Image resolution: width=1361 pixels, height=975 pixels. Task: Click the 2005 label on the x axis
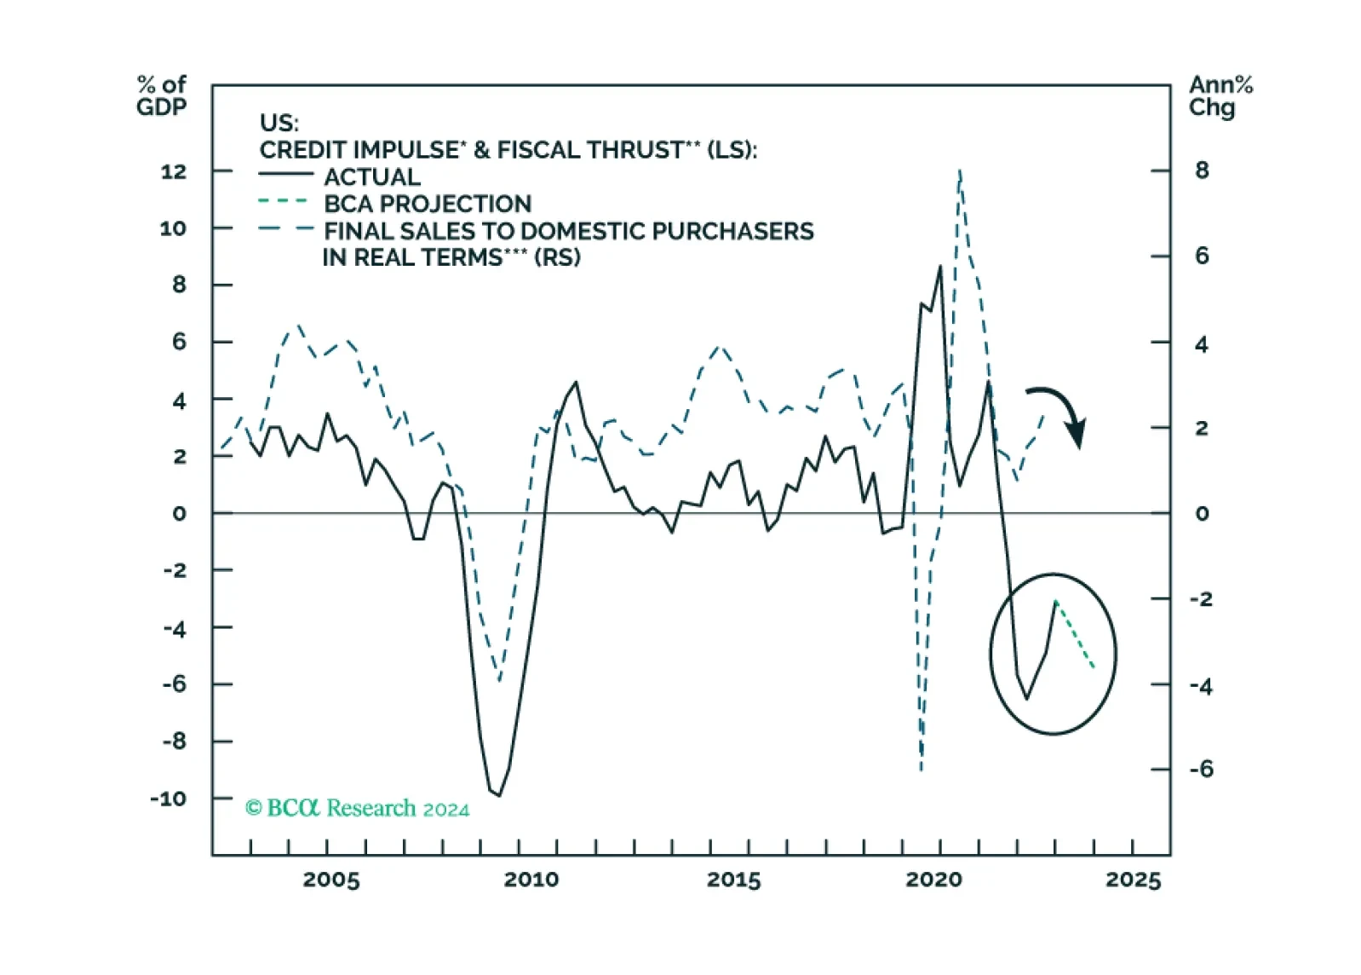coord(331,880)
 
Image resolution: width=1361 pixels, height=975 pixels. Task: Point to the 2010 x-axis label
coord(531,880)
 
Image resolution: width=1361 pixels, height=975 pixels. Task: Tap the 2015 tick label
coord(733,880)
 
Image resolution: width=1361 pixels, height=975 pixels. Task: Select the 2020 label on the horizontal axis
coord(933,880)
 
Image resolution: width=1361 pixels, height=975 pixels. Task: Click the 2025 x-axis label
coord(1134,880)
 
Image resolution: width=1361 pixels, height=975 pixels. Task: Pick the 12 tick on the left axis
coord(173,171)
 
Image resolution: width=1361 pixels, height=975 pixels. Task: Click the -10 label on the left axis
coord(169,799)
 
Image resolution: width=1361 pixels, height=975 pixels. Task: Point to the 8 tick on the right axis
coord(1202,170)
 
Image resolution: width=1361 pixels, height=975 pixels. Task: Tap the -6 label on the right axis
coord(1201,770)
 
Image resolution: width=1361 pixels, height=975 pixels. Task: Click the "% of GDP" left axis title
coord(161,95)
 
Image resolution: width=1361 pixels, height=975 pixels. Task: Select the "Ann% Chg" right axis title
coord(1220,95)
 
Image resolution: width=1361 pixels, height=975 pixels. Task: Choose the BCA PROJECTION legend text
coord(428,204)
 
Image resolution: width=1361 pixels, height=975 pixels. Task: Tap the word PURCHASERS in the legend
coord(737,231)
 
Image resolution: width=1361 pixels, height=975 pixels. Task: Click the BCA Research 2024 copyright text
coord(358,808)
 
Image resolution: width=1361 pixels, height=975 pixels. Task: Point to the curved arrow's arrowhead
coord(1077,436)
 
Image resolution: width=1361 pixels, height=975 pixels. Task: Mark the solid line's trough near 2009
coord(498,795)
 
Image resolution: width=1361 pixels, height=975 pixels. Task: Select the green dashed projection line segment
coord(1076,635)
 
